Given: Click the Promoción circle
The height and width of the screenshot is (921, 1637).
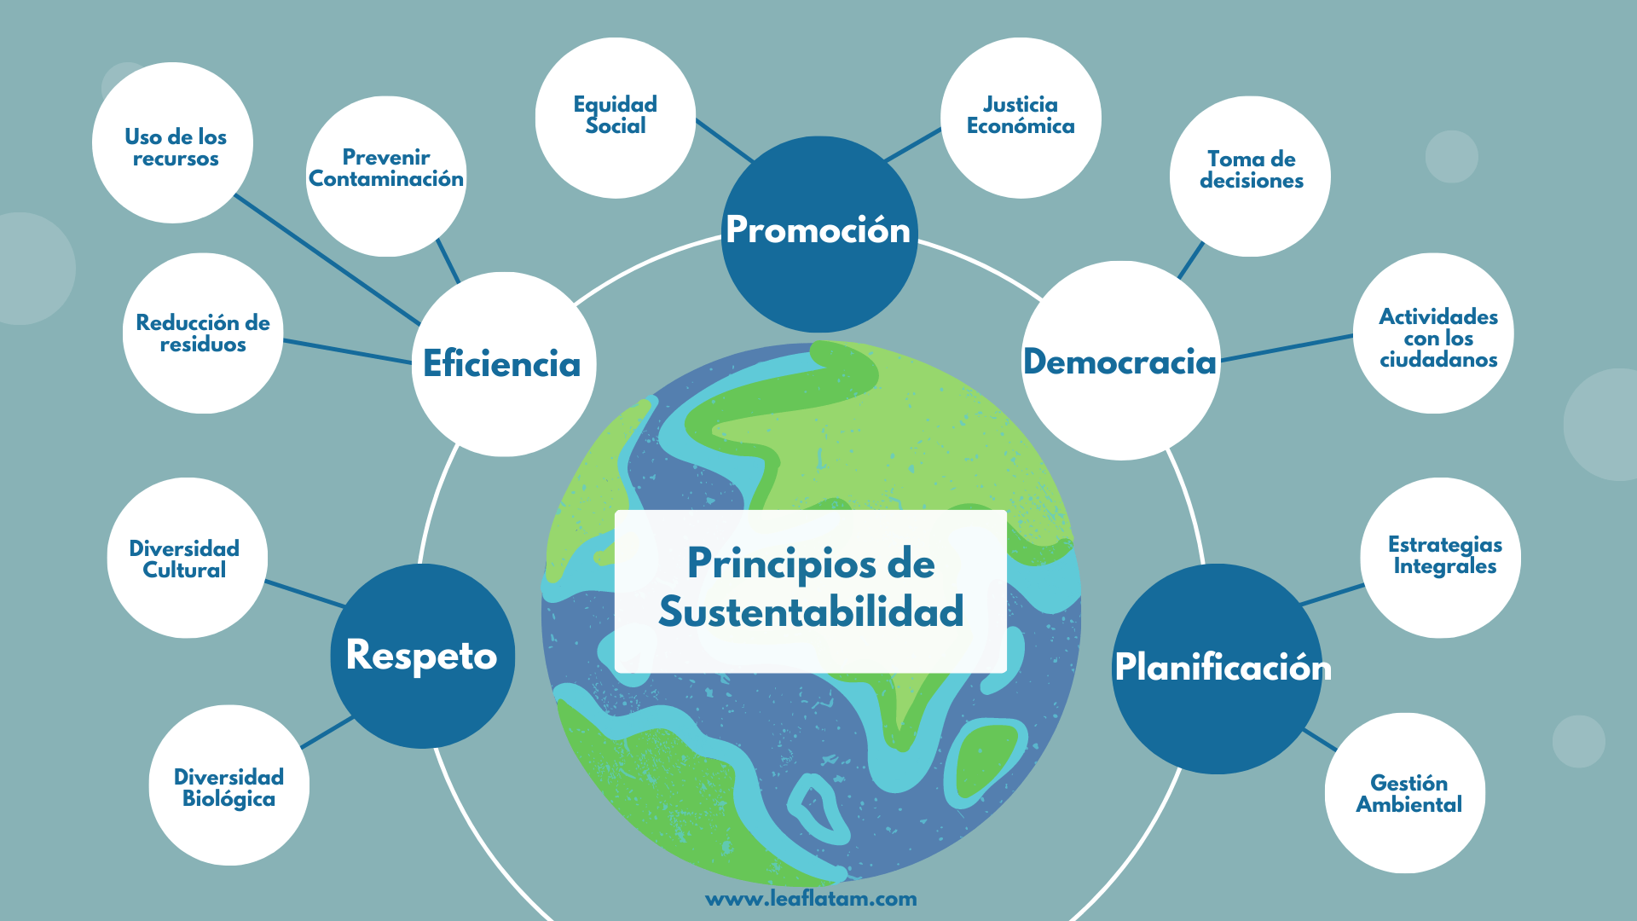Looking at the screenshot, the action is (x=818, y=232).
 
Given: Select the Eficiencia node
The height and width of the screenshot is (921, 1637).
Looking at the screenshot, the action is (x=503, y=364).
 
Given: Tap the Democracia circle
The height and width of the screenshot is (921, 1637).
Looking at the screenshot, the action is (x=1120, y=362).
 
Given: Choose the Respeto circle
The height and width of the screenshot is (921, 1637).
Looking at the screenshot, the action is (x=422, y=656).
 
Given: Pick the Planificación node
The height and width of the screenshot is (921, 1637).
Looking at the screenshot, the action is (x=1218, y=668).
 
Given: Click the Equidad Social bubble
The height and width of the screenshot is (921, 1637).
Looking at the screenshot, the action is (x=615, y=117).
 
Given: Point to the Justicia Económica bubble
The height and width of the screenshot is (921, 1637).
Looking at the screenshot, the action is (x=1020, y=117).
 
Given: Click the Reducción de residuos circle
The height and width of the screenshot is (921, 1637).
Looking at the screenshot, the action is (x=203, y=333).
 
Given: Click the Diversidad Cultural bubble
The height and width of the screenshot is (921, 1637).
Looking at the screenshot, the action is (x=187, y=558).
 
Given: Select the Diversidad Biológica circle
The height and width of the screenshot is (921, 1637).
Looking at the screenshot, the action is (x=228, y=785).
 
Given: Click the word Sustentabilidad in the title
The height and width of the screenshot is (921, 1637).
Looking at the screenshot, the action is (x=811, y=612).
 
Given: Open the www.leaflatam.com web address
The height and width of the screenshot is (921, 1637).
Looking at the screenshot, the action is (x=811, y=899).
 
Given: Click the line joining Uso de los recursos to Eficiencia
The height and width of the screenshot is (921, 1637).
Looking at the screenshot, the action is (x=327, y=260).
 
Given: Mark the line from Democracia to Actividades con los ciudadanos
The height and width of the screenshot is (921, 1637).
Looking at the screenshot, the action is (x=1287, y=347).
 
